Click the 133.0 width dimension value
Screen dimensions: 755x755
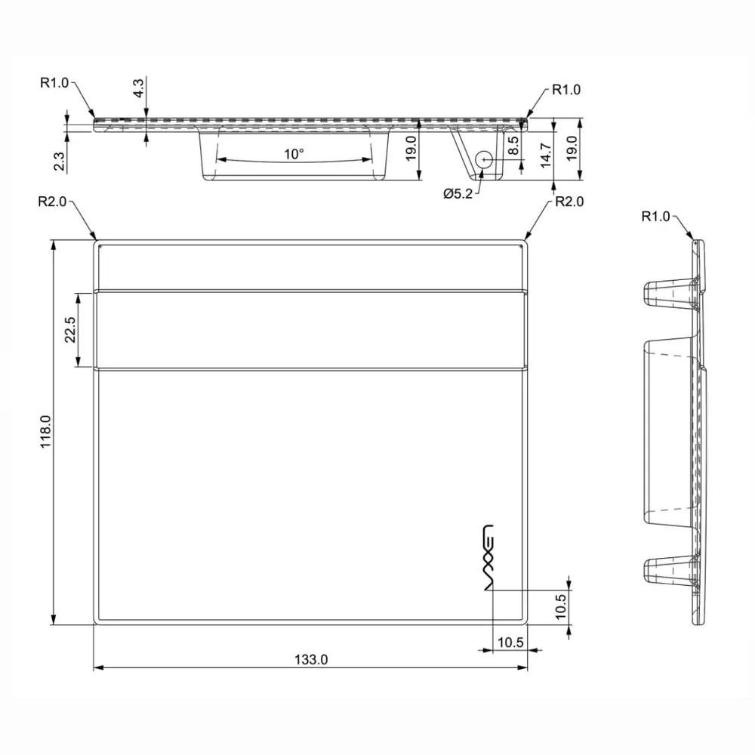[311, 659]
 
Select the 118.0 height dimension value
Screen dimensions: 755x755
[46, 432]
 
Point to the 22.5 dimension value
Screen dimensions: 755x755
[70, 329]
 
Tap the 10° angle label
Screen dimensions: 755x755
[294, 154]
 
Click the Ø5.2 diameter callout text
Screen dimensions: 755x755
[458, 194]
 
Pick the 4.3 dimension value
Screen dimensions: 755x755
[138, 88]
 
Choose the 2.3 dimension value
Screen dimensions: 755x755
[59, 162]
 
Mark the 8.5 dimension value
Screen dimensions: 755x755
[513, 146]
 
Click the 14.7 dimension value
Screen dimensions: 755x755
[546, 155]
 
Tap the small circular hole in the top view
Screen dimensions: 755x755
[484, 159]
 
